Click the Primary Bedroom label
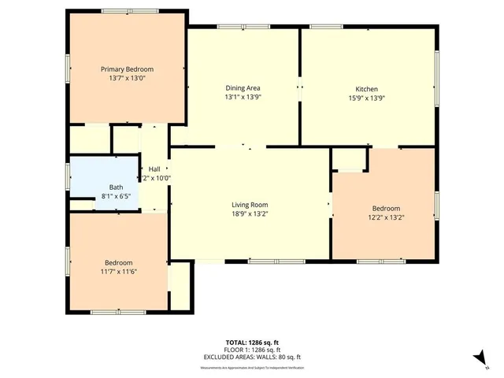point(126,69)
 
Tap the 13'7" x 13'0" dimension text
point(126,79)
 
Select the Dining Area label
point(243,87)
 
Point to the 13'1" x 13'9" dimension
point(243,97)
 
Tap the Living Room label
point(249,205)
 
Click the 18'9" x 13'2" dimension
point(249,214)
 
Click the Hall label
point(155,169)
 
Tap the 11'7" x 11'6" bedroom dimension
point(119,272)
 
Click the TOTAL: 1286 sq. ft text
point(252,343)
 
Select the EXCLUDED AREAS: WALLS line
point(252,357)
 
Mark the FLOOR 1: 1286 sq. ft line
point(252,350)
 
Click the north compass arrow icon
point(478,358)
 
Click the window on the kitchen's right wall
point(437,77)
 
